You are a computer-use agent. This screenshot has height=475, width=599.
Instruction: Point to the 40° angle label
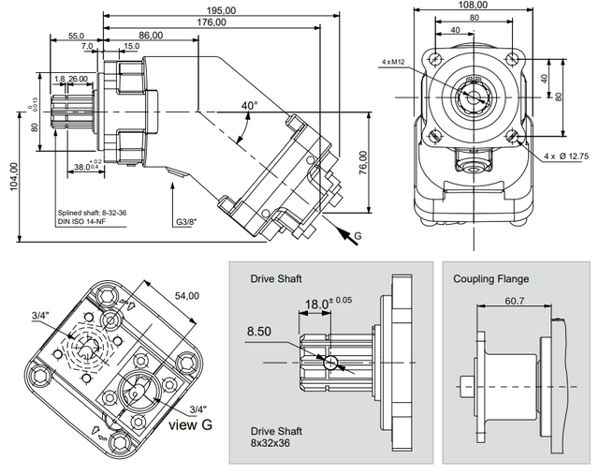(x=248, y=107)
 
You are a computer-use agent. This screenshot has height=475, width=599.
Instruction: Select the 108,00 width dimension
(x=474, y=5)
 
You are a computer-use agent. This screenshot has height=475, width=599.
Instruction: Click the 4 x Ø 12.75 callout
(x=564, y=155)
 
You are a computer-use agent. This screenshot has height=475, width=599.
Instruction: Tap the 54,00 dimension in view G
(x=188, y=295)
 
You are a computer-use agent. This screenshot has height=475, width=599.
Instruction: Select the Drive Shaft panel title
(x=276, y=279)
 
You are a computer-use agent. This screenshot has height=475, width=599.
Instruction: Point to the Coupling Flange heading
(x=490, y=279)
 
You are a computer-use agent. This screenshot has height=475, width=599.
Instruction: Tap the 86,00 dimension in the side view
(x=150, y=36)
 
